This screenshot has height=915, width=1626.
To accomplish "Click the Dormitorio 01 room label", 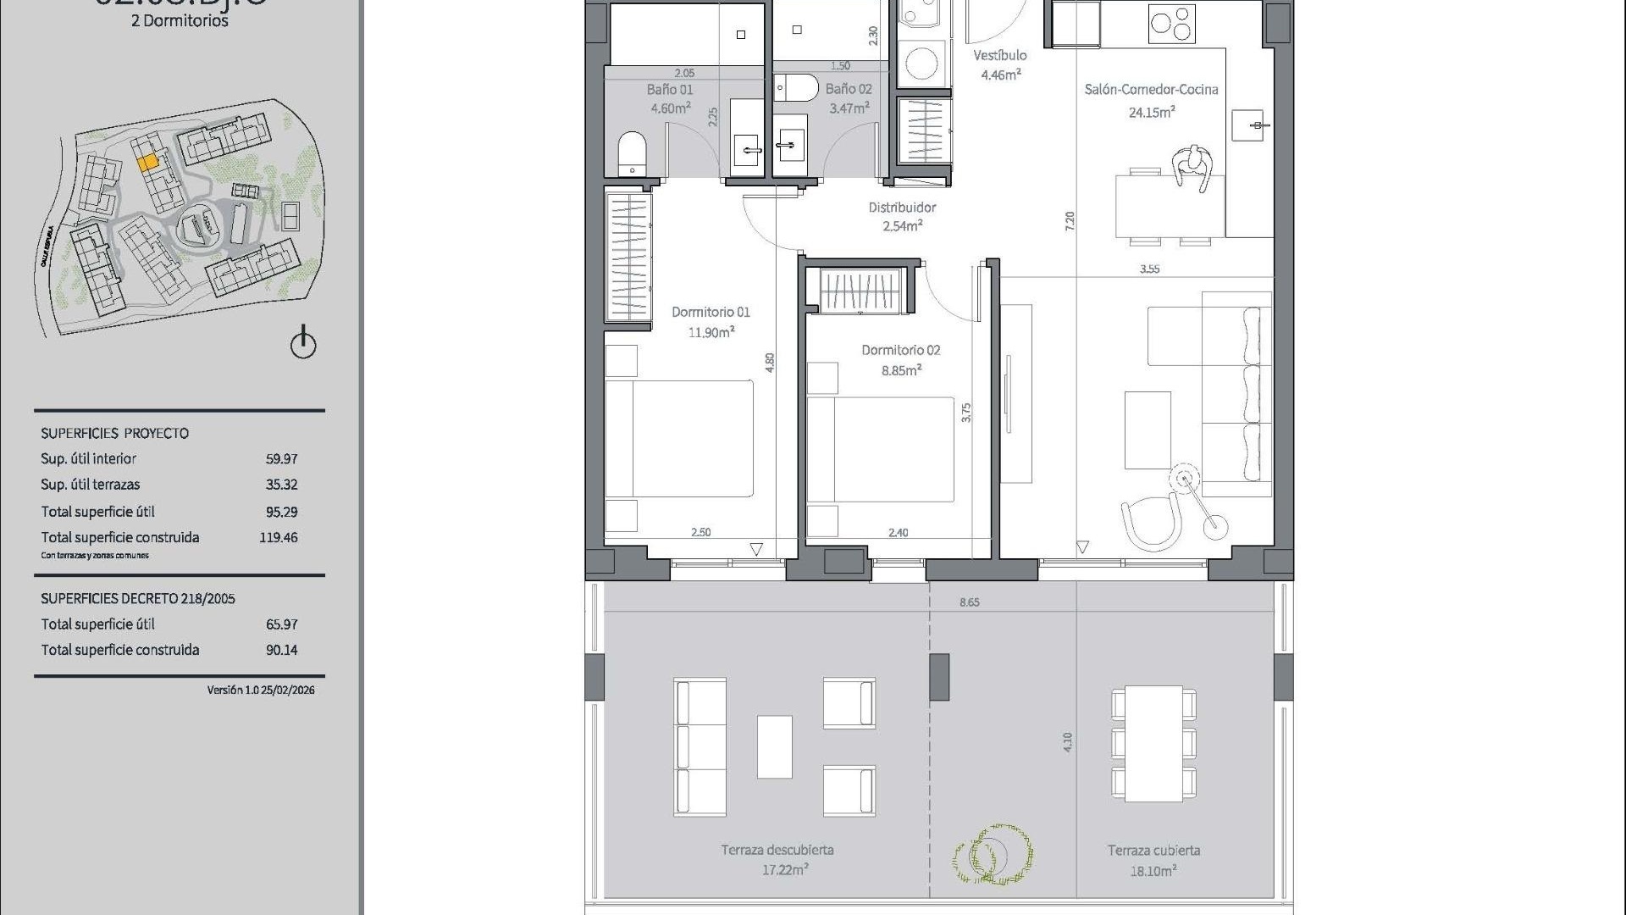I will [711, 312].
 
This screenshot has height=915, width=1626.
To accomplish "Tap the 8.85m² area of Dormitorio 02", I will [900, 370].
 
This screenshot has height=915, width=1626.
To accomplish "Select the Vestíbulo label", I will [999, 55].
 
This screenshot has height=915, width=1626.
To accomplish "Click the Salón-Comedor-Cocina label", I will [1151, 89].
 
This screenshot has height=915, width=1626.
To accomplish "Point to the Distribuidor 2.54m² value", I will [902, 226].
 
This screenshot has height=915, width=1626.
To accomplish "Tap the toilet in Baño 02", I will [796, 86].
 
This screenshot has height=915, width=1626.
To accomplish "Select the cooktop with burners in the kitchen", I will [1171, 24].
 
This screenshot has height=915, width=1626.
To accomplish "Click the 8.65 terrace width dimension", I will [969, 602].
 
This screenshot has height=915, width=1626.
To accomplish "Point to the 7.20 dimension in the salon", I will [1070, 221].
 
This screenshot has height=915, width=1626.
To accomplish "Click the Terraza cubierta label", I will [1153, 850].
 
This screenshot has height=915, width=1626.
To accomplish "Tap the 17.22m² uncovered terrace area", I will [784, 870].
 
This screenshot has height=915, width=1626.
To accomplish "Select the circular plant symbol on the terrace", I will [993, 854].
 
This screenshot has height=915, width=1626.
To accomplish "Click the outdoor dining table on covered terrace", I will [1153, 744].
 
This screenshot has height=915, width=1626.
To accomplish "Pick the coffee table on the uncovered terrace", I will [774, 746].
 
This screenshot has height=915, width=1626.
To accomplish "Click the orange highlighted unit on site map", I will [147, 161].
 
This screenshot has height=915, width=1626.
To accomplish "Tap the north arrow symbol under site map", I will [303, 343].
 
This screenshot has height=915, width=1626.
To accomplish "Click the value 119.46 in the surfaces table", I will [278, 537].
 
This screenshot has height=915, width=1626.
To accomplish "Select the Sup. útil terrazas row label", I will [91, 485].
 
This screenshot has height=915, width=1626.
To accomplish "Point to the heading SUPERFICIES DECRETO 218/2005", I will [138, 598].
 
